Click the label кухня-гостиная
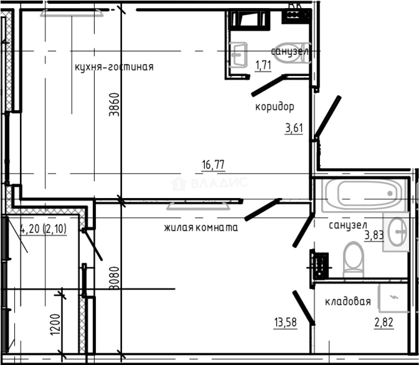tap(114, 67)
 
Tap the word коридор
tap(274, 107)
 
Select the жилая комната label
tap(201, 227)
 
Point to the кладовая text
tap(348, 301)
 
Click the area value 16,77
tap(213, 165)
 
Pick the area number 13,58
tap(286, 322)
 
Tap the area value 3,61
tap(294, 128)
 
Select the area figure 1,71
tap(263, 65)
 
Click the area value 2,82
tap(384, 322)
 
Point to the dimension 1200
tap(55, 325)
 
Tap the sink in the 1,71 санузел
tap(239, 54)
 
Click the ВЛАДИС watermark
tap(209, 183)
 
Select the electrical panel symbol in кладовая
tap(393, 297)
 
